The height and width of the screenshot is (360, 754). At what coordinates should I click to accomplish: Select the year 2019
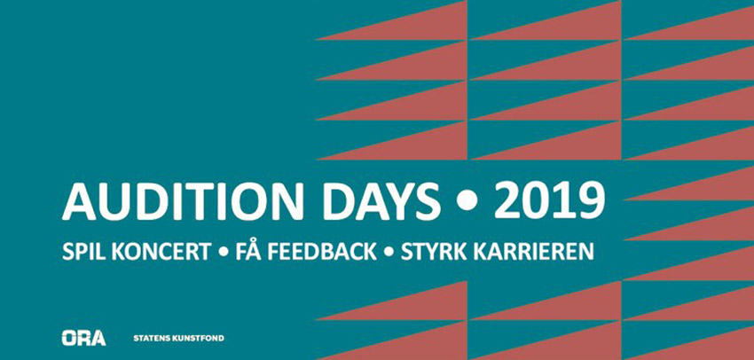click(549, 202)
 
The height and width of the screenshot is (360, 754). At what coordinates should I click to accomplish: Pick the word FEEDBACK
click(319, 252)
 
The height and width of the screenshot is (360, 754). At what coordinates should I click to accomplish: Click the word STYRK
click(432, 252)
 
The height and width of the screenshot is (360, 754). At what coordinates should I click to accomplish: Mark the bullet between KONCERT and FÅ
click(224, 253)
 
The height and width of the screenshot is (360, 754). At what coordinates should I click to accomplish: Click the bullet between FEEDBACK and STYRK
click(389, 253)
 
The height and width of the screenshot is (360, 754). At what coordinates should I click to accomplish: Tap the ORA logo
click(83, 338)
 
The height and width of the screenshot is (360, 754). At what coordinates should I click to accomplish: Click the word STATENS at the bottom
click(152, 339)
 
